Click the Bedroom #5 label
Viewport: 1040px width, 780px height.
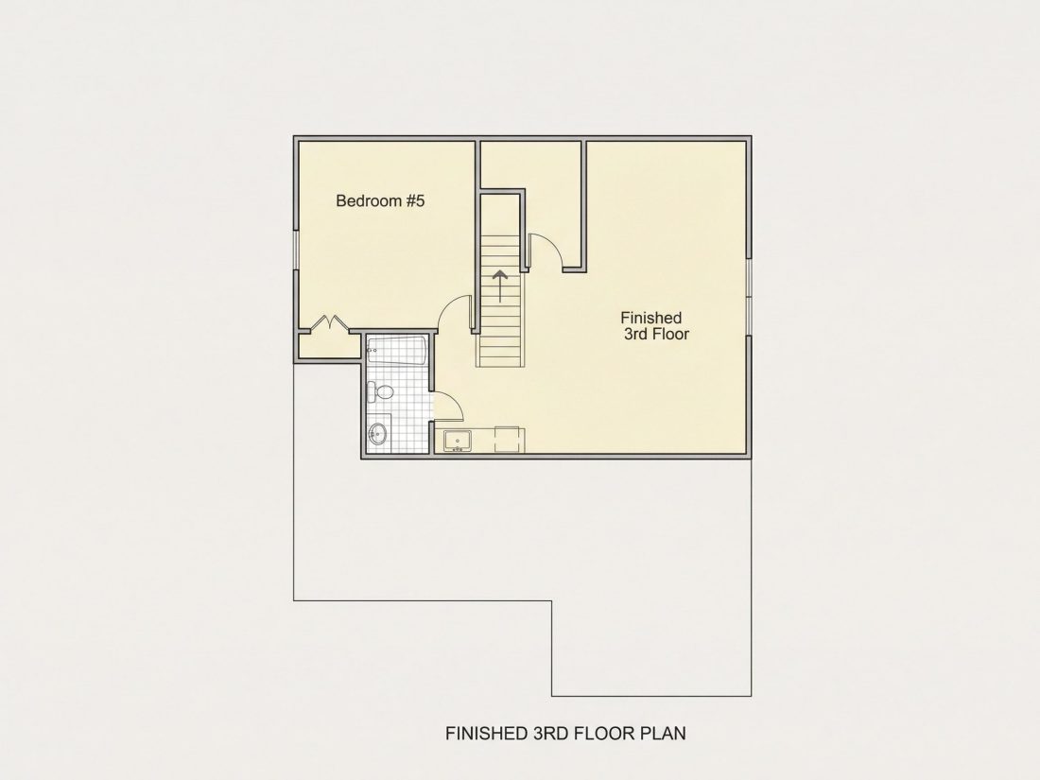pos(380,200)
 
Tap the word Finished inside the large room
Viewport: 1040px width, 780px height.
pos(650,318)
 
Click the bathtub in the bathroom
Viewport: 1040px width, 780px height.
pos(396,351)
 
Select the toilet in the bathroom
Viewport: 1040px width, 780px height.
pos(379,391)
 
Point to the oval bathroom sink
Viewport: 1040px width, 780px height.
pos(377,435)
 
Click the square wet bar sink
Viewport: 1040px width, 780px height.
pos(457,441)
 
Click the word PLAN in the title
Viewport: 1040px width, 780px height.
pos(664,733)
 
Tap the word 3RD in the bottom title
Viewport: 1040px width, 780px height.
pos(550,733)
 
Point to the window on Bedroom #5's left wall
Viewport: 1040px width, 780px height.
pos(296,250)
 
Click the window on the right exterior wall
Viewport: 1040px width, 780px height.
pos(749,297)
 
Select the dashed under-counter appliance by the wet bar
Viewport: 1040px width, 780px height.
pos(510,440)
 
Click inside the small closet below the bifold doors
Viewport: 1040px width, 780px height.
pos(329,345)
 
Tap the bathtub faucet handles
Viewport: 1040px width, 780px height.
pos(373,349)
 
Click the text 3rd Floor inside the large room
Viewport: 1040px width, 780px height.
pos(657,335)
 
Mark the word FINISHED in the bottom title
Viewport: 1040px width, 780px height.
pos(487,733)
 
